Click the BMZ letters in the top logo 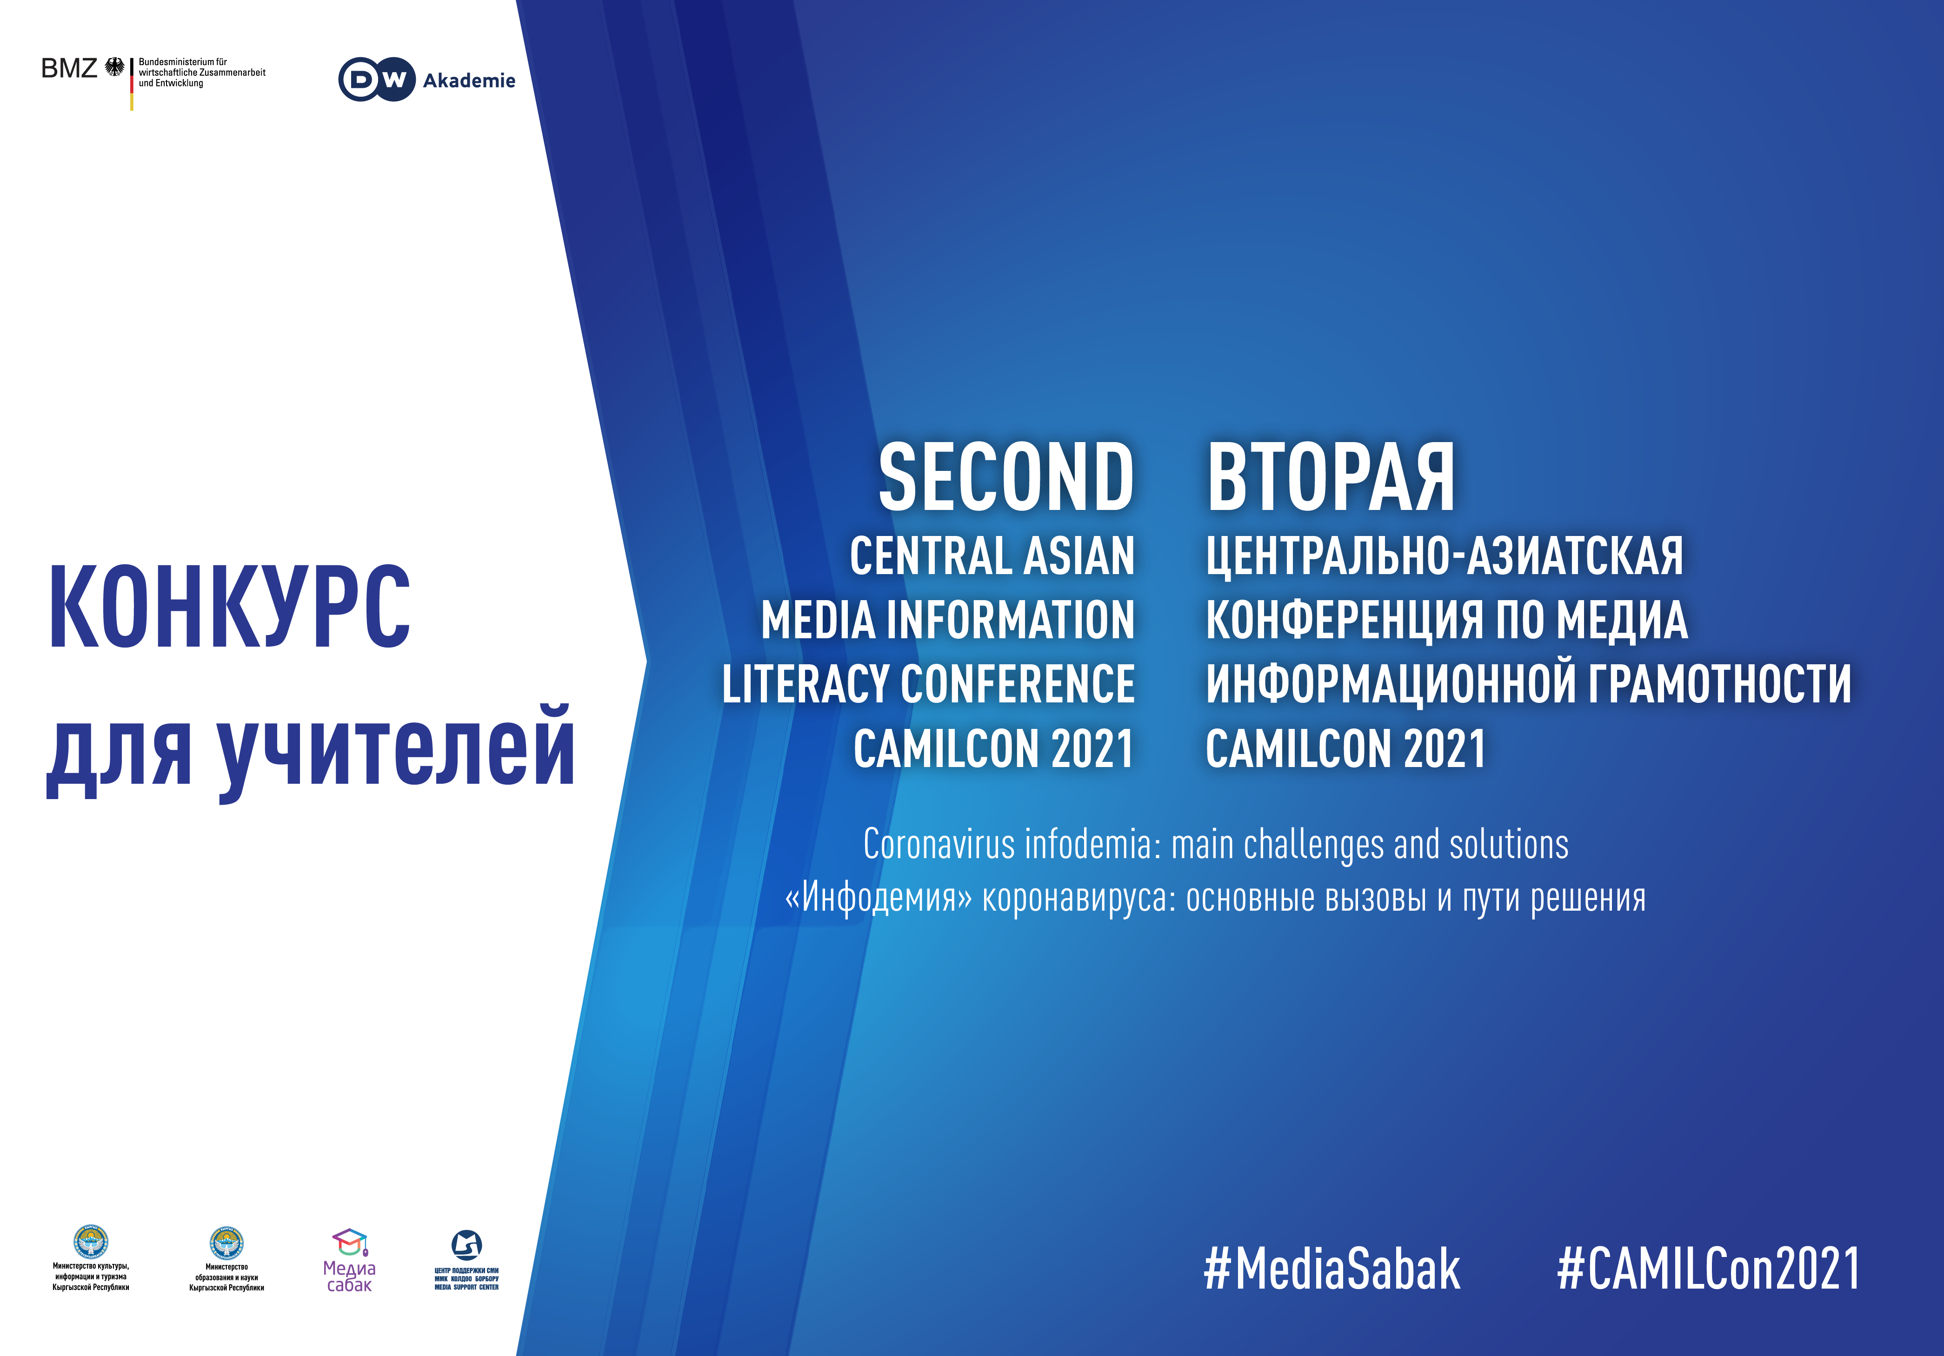click(69, 68)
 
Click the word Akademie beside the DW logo click(469, 80)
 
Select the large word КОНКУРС click(229, 607)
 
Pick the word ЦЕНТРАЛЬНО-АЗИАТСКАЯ click(1445, 556)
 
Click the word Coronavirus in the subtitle click(939, 844)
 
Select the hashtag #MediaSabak click(1332, 1268)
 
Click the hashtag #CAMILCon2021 click(1708, 1268)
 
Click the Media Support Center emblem click(466, 1244)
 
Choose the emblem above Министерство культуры click(91, 1242)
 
